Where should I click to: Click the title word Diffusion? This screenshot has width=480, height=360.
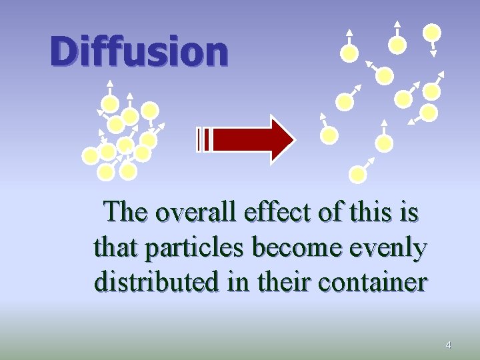(139, 51)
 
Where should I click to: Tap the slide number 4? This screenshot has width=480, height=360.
(448, 345)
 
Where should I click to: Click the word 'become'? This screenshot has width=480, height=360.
(297, 248)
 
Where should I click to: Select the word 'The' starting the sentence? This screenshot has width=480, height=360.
(127, 213)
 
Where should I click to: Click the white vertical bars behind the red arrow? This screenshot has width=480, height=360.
(205, 139)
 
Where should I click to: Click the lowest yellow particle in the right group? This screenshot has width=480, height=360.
(358, 174)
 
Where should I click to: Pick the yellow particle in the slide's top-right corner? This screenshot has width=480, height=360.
(433, 32)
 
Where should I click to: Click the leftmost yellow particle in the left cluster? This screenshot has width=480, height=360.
(90, 156)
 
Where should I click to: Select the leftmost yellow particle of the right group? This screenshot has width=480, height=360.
(329, 135)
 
